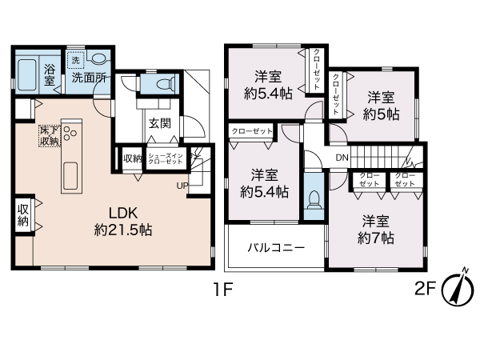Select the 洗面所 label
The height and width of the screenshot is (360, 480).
pos(89,78)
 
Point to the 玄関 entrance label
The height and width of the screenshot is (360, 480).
pos(158,123)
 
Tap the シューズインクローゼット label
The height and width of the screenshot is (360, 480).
pos(166,159)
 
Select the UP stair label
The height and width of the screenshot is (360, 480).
pos(183,186)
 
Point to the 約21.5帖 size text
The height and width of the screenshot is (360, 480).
pos(123,230)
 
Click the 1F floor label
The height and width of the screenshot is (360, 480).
pos(223,290)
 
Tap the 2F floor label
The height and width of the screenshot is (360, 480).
pos(425,290)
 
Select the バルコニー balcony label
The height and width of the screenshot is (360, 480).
pos(275,247)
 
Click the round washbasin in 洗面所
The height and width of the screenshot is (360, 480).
pos(98,59)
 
